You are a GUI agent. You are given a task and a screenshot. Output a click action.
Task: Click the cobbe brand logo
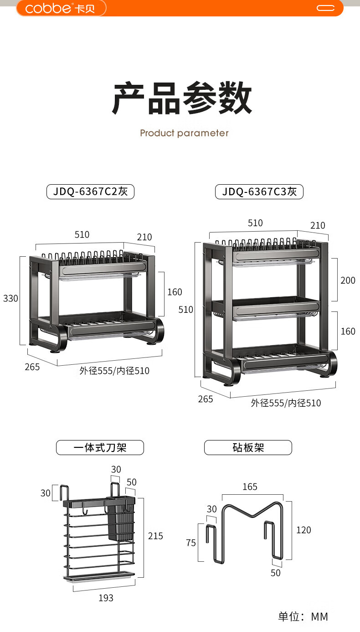point(60,8)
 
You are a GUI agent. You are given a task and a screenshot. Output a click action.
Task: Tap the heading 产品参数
point(182,98)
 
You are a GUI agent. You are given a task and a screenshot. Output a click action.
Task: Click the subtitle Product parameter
point(184,133)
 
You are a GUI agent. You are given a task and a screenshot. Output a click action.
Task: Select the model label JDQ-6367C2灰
point(90,192)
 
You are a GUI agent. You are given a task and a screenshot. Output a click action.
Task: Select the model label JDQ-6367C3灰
point(259,192)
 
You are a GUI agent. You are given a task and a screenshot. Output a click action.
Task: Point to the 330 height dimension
point(10,298)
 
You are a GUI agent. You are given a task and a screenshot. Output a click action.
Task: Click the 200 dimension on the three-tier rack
point(348,280)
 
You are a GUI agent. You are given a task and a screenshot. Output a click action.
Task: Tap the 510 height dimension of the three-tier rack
point(185,310)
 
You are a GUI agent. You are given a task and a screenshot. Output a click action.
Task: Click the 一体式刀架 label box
point(100,447)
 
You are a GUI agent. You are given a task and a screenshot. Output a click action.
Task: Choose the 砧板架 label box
point(248,447)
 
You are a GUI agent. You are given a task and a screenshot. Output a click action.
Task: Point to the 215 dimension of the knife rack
point(155,536)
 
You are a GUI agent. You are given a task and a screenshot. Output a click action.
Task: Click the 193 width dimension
point(106,598)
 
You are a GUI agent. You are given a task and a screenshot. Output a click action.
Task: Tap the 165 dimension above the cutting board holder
point(250,487)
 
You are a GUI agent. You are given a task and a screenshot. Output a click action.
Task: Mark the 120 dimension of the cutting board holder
point(303,530)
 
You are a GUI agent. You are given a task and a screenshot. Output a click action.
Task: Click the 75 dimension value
point(191,543)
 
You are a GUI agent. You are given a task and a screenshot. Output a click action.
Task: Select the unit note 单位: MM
point(303,616)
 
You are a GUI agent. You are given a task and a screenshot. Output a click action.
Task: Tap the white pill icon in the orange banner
point(326,8)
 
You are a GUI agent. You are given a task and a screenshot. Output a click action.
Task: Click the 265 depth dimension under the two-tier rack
point(32,367)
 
